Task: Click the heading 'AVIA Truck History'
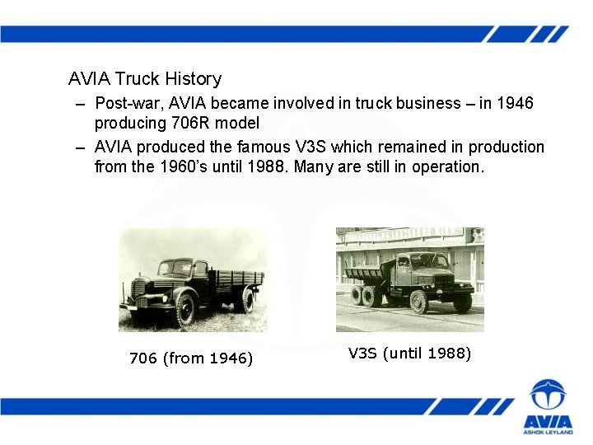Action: click(145, 79)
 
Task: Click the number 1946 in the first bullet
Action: click(515, 104)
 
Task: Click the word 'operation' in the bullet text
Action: click(446, 166)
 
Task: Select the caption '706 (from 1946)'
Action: click(191, 358)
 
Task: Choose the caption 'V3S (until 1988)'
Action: click(409, 354)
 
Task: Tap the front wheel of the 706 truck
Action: click(185, 310)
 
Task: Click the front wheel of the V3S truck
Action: click(418, 302)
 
